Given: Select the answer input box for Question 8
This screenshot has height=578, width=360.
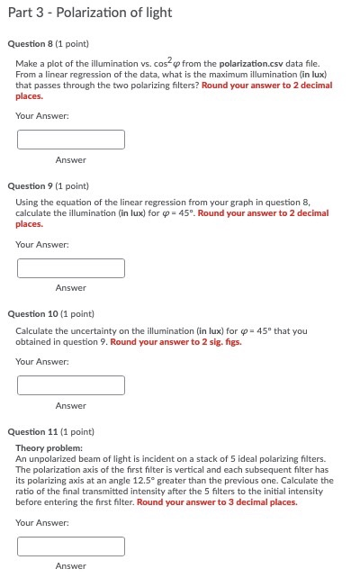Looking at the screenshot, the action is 70,140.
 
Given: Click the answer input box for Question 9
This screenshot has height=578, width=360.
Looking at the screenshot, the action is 70,268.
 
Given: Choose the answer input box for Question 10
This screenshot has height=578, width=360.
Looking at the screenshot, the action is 70,385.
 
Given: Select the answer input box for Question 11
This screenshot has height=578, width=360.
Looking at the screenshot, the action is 70,546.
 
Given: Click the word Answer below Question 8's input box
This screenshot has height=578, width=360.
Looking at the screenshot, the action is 70,160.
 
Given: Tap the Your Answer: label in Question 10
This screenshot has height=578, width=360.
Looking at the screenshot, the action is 42,361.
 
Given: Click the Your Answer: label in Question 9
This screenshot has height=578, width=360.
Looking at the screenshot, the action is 42,244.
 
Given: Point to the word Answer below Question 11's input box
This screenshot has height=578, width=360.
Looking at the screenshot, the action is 70,566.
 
